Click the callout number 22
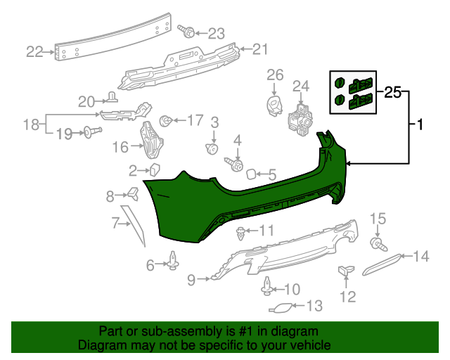(x=34, y=51)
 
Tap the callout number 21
(x=260, y=49)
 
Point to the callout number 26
(x=274, y=75)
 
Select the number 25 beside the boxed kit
(x=392, y=92)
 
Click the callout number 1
(x=420, y=126)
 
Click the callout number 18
(x=31, y=124)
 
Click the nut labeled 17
(x=167, y=120)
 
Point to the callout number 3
(x=215, y=122)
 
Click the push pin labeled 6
(x=172, y=264)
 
